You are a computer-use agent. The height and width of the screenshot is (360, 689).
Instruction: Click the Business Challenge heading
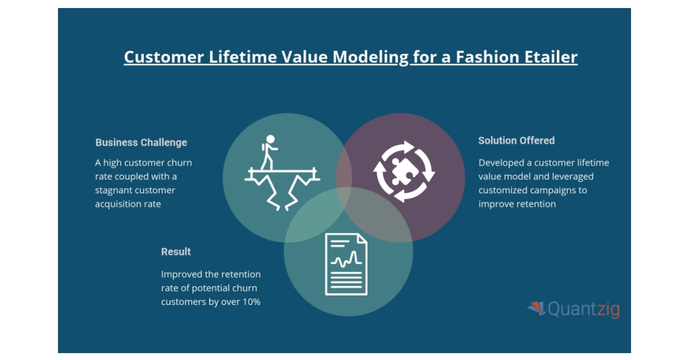(x=141, y=142)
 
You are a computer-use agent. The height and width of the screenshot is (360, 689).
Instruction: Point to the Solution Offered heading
(x=516, y=141)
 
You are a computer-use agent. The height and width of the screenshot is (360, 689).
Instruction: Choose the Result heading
(x=176, y=251)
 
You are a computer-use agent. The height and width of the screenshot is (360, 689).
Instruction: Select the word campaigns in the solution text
(x=556, y=190)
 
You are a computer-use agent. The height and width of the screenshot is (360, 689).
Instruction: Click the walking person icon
(x=269, y=152)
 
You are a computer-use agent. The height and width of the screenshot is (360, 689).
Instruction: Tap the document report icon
(x=346, y=264)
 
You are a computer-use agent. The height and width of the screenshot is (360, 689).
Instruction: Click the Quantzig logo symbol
(x=536, y=308)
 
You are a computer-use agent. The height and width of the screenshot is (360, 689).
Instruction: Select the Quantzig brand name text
(x=583, y=309)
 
